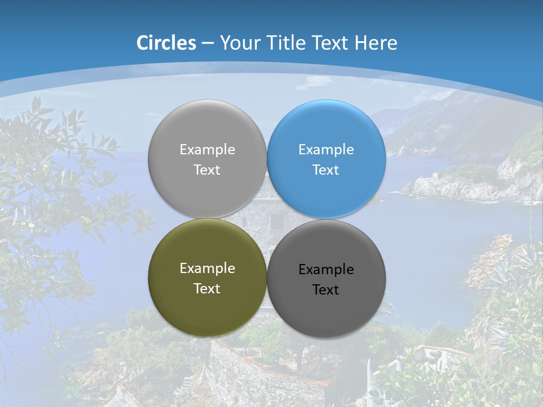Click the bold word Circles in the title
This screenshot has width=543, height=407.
166,43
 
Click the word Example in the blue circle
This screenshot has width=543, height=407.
326,150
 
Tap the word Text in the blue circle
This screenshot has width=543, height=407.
326,170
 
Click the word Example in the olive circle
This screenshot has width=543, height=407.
207,269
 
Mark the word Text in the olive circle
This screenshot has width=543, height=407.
207,289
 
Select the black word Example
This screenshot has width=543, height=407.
326,270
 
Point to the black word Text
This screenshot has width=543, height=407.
326,290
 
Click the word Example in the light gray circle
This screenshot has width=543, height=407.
207,150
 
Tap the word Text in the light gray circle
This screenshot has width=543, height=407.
207,170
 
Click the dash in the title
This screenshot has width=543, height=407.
208,44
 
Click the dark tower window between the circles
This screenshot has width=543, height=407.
277,221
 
